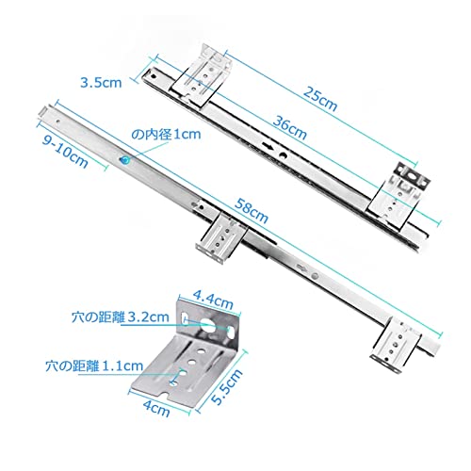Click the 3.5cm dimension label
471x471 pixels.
[x=101, y=83]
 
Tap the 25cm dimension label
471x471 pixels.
[x=320, y=98]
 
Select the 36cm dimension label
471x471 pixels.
[x=289, y=127]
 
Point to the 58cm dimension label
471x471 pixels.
[x=252, y=210]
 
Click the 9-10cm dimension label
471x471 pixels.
[x=65, y=153]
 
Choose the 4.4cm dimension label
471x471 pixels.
[x=213, y=300]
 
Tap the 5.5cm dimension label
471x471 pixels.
[x=227, y=386]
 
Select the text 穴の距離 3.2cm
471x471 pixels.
[x=121, y=317]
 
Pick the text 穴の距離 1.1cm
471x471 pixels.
[x=94, y=365]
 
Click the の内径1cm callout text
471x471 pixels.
[x=166, y=135]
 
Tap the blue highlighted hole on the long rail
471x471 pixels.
[x=125, y=160]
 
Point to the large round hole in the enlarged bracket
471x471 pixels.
[x=208, y=326]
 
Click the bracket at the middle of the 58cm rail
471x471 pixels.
[x=221, y=238]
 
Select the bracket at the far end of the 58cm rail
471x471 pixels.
[x=396, y=346]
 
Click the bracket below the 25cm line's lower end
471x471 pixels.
[x=398, y=195]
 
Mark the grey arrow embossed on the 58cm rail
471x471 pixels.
[x=302, y=268]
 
